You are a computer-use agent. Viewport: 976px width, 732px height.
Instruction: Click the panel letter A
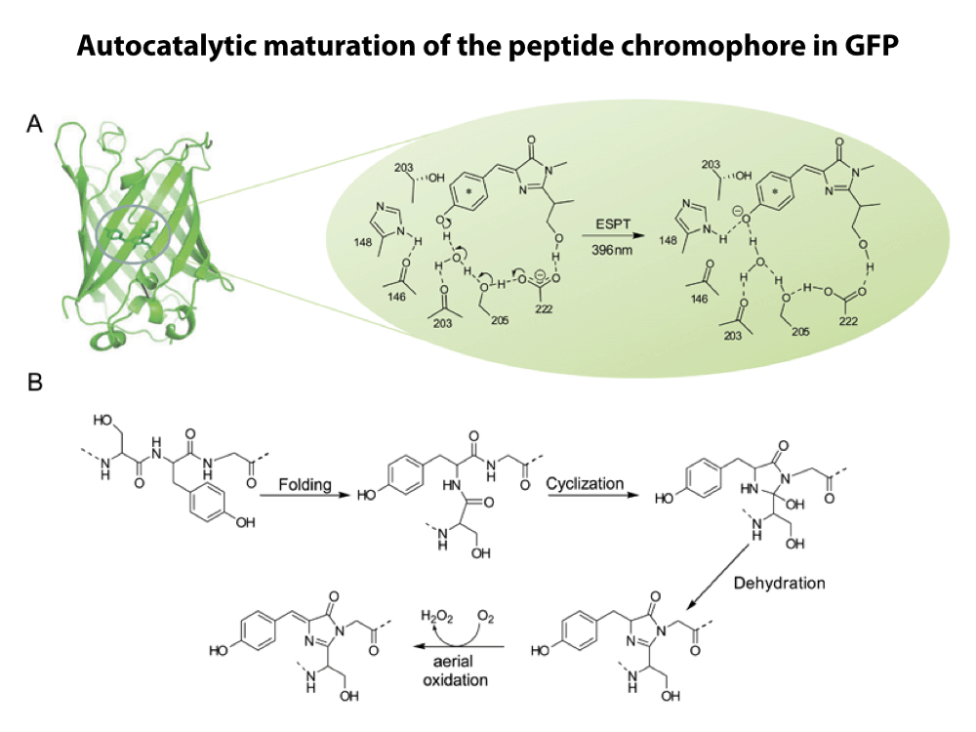(x=35, y=125)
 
